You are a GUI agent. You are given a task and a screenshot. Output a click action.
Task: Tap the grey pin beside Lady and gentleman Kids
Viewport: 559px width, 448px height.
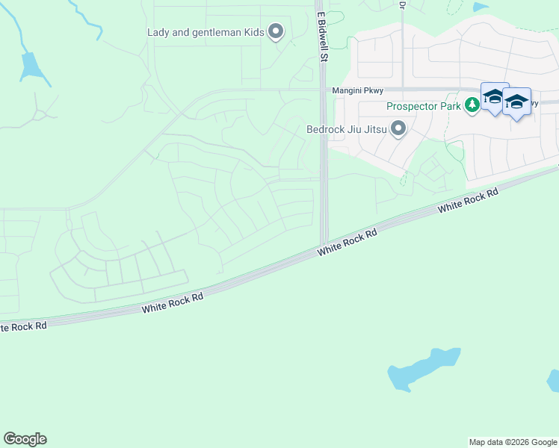click(x=277, y=31)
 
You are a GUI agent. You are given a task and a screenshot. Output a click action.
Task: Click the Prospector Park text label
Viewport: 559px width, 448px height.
click(x=422, y=106)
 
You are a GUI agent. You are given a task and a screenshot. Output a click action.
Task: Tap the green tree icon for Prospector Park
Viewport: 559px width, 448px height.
click(x=472, y=105)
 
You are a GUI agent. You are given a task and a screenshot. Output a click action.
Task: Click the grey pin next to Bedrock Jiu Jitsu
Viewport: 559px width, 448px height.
click(x=398, y=128)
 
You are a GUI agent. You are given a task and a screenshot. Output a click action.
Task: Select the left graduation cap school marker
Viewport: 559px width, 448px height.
click(x=494, y=98)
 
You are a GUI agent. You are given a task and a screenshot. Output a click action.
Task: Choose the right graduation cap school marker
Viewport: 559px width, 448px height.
click(x=516, y=102)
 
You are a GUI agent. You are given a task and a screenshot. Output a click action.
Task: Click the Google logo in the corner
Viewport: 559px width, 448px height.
click(x=25, y=439)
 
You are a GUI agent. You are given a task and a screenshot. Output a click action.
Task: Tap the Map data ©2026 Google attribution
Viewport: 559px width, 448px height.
click(x=513, y=442)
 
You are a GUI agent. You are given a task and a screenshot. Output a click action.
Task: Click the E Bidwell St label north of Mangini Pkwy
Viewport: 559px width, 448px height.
click(x=323, y=35)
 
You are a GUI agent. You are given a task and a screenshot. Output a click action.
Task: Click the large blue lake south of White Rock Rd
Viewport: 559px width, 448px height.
click(x=423, y=368)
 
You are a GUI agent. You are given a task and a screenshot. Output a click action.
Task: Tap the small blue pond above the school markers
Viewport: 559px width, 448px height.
click(x=481, y=7)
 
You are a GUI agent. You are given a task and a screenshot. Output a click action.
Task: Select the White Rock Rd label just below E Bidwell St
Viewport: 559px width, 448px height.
click(x=347, y=243)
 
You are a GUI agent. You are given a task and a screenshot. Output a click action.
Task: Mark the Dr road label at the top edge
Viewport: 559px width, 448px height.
click(x=402, y=4)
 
